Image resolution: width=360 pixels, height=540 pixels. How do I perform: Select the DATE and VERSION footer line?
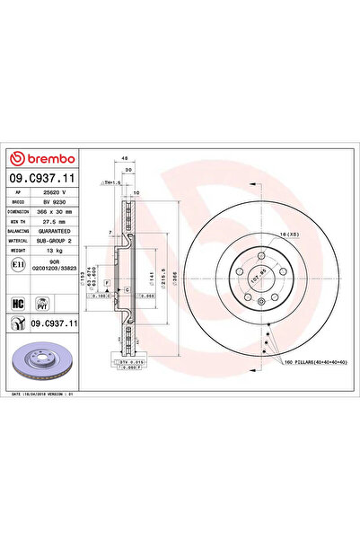(x=47, y=394)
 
